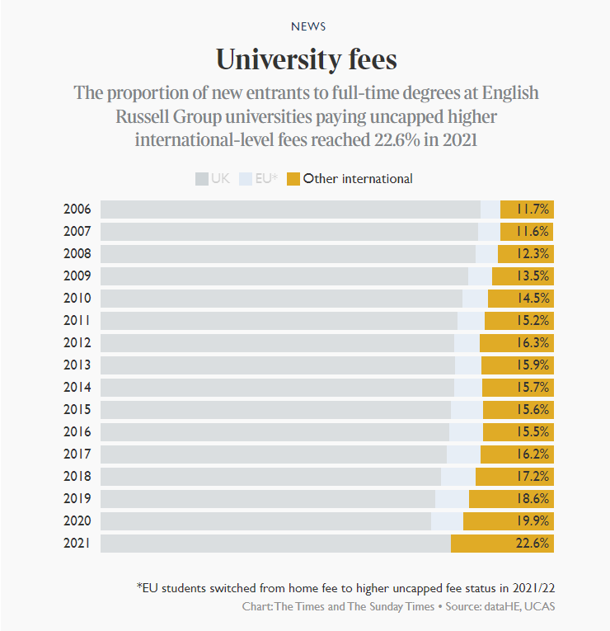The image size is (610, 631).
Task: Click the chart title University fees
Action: (306, 59)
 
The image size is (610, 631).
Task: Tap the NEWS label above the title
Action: (307, 26)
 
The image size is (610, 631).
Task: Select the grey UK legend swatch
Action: (201, 178)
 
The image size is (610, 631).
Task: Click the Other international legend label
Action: (358, 178)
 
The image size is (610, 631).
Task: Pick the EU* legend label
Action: (266, 178)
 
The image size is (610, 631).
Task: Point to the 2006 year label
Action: (77, 210)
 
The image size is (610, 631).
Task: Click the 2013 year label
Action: (77, 365)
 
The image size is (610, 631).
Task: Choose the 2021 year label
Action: (77, 544)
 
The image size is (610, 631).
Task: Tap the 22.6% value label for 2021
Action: (532, 544)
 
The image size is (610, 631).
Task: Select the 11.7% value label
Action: (533, 210)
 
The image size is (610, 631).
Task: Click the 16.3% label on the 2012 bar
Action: (532, 343)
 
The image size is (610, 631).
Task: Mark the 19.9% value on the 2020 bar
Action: (532, 521)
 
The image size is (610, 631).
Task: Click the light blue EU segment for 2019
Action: (452, 499)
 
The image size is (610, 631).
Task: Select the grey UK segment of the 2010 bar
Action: (281, 299)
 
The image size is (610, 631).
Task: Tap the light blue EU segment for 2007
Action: (489, 232)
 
